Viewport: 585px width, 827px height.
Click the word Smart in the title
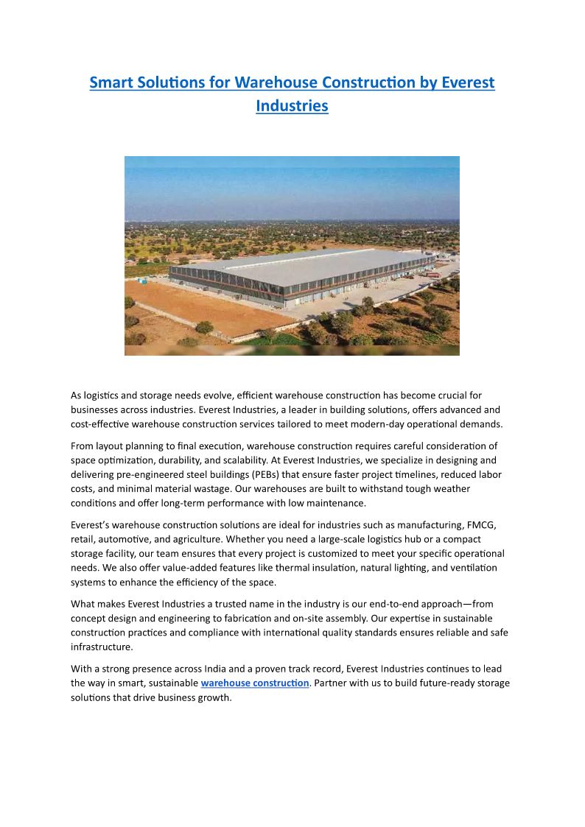click(110, 82)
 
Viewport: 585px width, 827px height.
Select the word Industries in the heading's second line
click(292, 106)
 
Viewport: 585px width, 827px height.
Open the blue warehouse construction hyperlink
click(255, 683)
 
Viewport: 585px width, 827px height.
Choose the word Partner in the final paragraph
click(333, 683)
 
